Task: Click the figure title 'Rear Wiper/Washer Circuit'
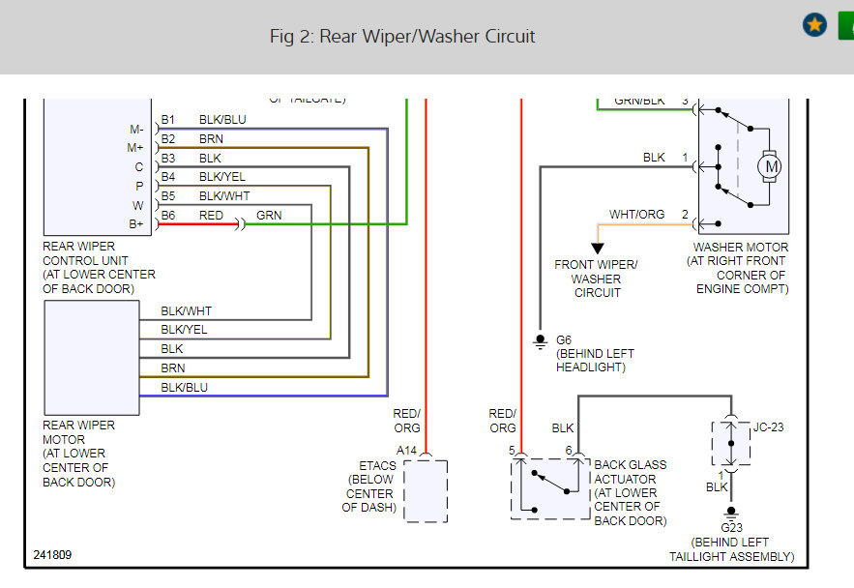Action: pos(402,37)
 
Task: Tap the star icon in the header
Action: pos(814,25)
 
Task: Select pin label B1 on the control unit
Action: pos(168,120)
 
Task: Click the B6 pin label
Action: pos(168,215)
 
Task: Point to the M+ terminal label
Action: pos(134,147)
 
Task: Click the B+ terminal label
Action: pos(135,223)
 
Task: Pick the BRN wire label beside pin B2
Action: pos(211,138)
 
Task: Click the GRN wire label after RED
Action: pos(269,215)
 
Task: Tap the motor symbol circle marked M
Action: pos(771,166)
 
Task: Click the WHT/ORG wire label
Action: pos(636,214)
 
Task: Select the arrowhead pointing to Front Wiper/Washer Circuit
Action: pos(597,248)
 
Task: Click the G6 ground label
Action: pos(565,340)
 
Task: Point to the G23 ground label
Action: pos(731,528)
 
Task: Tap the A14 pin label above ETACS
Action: pos(408,450)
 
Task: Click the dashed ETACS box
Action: pos(425,491)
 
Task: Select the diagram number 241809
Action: pos(52,555)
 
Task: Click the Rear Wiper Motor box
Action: pos(92,358)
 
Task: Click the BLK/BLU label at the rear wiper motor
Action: pos(184,387)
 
